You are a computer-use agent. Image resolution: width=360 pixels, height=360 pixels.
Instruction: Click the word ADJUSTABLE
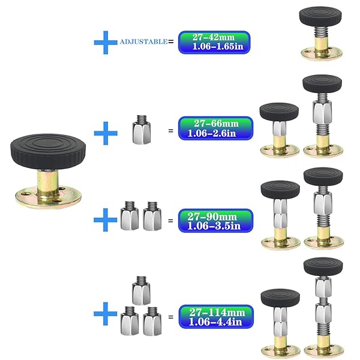pyautogui.click(x=144, y=42)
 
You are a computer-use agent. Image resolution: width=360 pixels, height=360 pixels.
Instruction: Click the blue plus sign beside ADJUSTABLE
pyautogui.click(x=106, y=42)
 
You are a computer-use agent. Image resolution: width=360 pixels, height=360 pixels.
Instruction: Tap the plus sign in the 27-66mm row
pyautogui.click(x=106, y=133)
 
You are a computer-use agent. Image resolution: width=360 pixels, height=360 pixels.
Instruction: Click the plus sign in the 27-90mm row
pyautogui.click(x=106, y=220)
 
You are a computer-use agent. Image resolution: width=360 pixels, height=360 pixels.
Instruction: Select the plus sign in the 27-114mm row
pyautogui.click(x=106, y=314)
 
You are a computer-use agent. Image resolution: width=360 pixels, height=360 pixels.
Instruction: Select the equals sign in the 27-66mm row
pyautogui.click(x=170, y=130)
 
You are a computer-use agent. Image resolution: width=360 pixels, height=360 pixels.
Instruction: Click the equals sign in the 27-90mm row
pyautogui.click(x=170, y=221)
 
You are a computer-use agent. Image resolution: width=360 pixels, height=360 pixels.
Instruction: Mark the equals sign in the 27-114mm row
pyautogui.click(x=170, y=316)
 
